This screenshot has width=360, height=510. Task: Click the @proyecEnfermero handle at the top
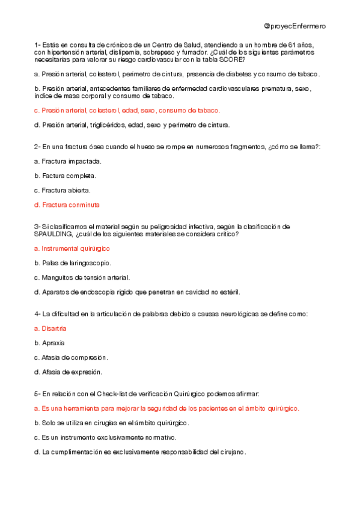pos(294,26)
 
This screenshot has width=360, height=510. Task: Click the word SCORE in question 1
pos(234,60)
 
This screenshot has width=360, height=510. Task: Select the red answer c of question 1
pos(127,111)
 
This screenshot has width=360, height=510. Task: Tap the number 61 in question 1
pos(292,45)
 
